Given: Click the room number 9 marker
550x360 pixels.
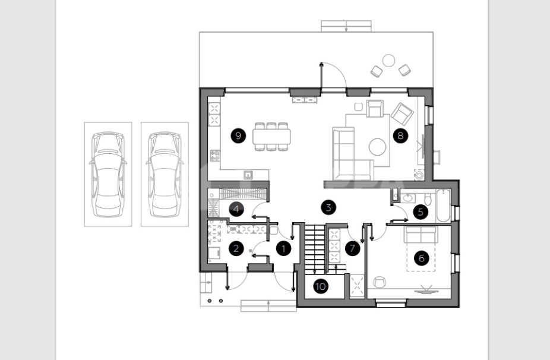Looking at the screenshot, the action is [x=238, y=135].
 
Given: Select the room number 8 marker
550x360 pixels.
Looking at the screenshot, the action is [x=400, y=135].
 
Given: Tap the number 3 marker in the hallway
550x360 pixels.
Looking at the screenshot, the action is [x=328, y=207].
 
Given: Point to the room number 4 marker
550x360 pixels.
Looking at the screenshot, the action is [x=236, y=209].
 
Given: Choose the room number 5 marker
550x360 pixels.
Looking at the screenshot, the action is [x=421, y=211].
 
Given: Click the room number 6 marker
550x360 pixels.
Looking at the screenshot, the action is [x=421, y=258].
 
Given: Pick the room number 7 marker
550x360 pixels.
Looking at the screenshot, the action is [x=353, y=248].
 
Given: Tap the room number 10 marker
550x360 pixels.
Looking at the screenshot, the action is [x=320, y=286].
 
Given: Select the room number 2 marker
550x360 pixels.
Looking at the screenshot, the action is [x=236, y=248].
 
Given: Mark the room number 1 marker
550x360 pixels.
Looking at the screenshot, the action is [x=283, y=249].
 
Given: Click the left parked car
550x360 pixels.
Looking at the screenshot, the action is [x=108, y=175].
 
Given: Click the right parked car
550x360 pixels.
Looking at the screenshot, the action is [x=165, y=175].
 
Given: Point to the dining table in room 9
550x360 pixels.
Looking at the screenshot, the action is [x=271, y=137].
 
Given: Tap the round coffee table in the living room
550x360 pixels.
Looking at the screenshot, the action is [x=377, y=147].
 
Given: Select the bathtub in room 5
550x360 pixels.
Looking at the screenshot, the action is [x=443, y=206].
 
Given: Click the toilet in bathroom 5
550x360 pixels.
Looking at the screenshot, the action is [x=428, y=199].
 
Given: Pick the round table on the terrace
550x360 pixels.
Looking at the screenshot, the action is [x=388, y=61].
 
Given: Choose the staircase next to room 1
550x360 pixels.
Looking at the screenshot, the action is [x=315, y=249].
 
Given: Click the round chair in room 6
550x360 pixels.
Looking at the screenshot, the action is [x=379, y=282].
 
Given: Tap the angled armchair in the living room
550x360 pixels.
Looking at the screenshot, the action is [x=402, y=113].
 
